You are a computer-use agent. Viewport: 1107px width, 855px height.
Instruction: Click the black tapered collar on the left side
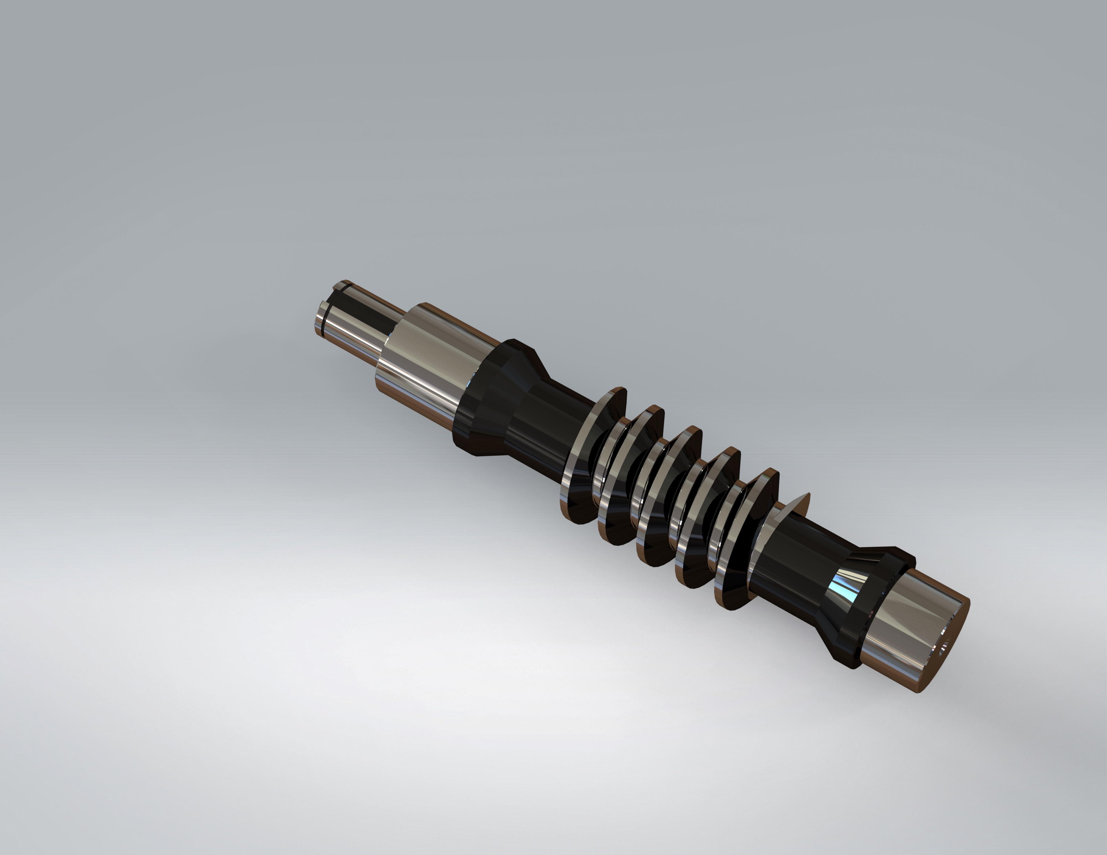coord(487,395)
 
